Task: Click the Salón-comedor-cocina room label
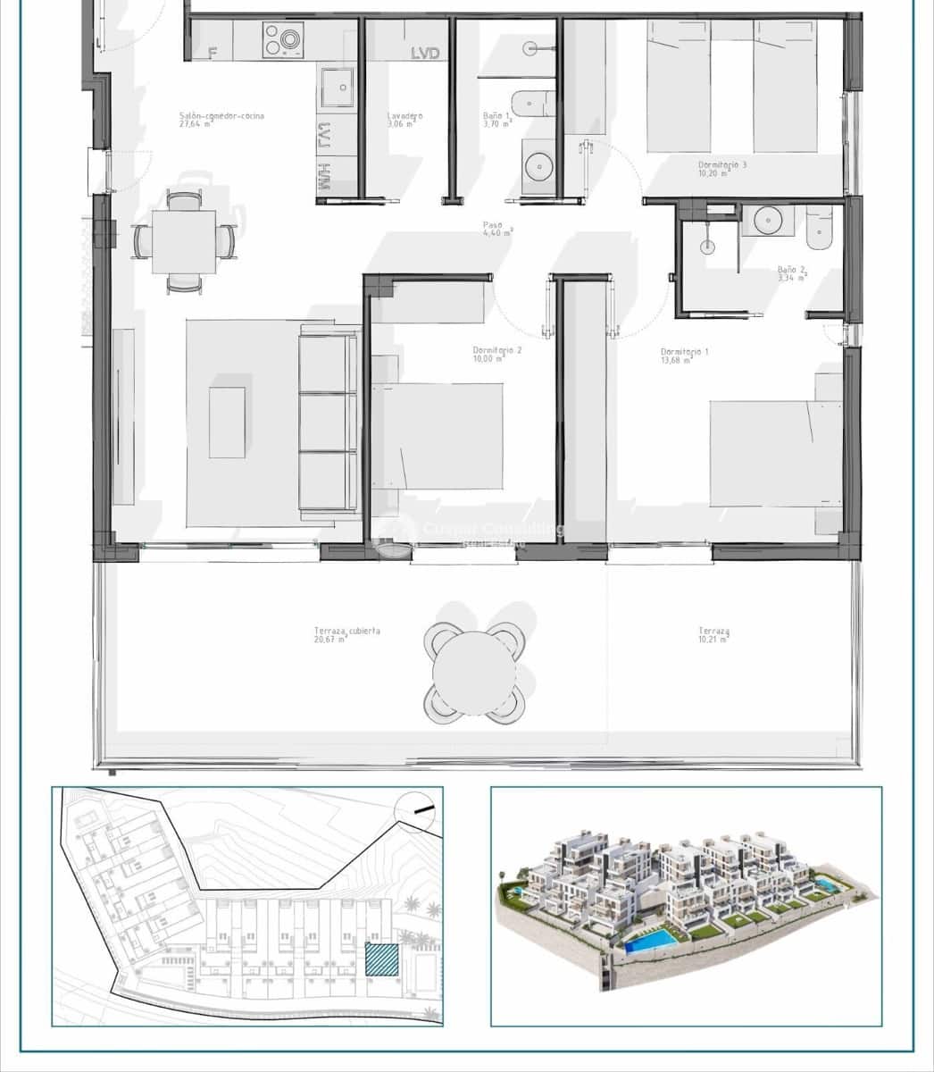221,116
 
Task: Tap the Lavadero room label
404,116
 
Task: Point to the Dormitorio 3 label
722,165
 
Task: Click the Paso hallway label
492,225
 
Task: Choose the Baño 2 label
791,269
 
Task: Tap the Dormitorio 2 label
497,351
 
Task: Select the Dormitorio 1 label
685,352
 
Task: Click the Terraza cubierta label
347,631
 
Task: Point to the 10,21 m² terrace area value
713,641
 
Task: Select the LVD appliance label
425,54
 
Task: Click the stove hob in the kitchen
283,39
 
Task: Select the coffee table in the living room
228,422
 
